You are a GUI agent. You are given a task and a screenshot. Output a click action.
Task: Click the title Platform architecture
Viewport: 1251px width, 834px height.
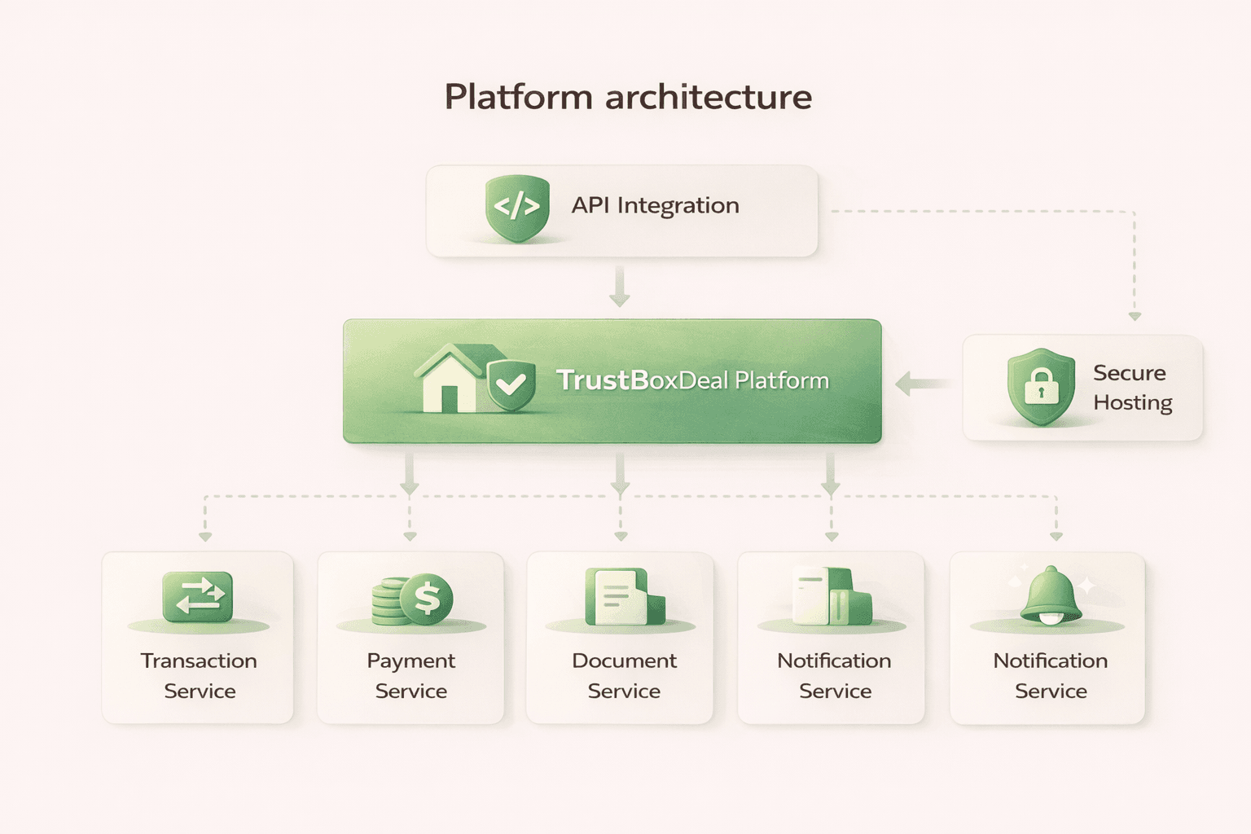[627, 97]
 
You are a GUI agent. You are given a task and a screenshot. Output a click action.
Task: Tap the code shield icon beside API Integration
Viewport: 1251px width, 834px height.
[517, 208]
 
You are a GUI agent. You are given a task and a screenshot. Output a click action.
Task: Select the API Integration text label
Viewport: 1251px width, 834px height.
[655, 205]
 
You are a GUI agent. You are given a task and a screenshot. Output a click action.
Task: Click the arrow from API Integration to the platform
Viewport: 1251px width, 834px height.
[620, 288]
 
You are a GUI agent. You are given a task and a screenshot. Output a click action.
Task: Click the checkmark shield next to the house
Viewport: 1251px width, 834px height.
[511, 384]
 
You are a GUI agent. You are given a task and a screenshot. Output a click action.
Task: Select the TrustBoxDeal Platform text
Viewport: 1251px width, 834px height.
[692, 380]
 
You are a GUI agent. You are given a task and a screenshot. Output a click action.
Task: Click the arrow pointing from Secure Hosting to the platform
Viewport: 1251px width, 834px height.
[920, 384]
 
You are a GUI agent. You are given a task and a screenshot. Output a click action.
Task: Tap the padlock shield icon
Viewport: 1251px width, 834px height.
[1041, 387]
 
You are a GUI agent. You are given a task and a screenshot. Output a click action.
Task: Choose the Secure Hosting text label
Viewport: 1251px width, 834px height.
[1131, 388]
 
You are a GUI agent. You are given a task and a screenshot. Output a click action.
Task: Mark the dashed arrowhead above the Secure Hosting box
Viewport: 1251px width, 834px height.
[1135, 316]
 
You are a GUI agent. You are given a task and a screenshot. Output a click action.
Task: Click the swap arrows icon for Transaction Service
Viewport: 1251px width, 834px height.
[198, 596]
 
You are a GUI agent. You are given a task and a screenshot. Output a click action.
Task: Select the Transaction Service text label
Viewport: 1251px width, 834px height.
[199, 675]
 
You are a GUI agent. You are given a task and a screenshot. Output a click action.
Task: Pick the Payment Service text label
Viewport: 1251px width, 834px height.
[410, 675]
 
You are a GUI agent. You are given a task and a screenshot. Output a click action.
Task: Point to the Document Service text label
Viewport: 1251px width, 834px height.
[624, 675]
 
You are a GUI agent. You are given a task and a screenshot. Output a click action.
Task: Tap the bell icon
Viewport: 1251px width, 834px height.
[1051, 595]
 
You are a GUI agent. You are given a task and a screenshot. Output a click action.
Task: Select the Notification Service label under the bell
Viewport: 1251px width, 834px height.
[1050, 675]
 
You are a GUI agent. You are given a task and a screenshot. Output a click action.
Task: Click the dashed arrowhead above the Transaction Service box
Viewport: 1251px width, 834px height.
[205, 537]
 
